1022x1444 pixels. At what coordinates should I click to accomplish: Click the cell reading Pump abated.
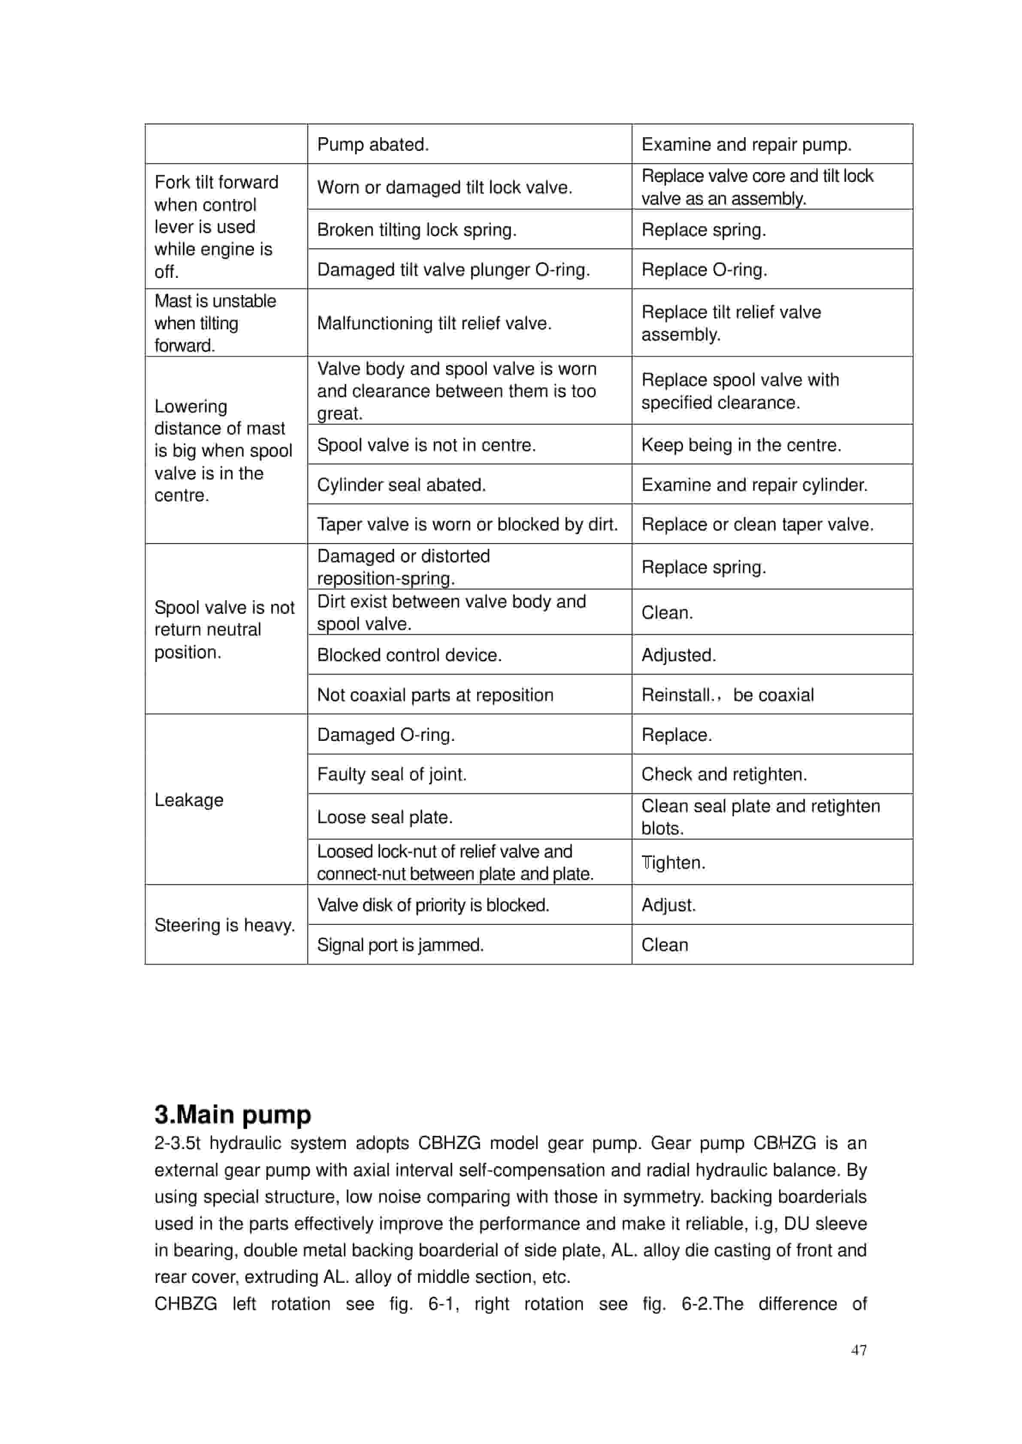click(372, 144)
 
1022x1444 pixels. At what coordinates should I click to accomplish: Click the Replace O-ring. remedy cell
click(704, 270)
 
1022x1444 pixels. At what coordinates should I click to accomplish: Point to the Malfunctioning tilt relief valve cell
click(434, 323)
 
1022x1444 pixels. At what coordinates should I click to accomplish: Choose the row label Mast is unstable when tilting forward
click(215, 323)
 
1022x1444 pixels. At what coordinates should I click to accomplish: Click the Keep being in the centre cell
click(741, 445)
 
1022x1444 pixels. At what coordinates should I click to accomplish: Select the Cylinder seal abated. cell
click(402, 485)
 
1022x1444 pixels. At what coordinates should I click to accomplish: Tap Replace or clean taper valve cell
click(757, 524)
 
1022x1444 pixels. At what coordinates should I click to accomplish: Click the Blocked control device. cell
click(409, 656)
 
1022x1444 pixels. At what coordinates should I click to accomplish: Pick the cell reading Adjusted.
click(678, 656)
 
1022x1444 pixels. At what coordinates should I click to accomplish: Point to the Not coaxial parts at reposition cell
click(435, 695)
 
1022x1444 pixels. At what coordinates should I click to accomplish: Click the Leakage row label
click(189, 800)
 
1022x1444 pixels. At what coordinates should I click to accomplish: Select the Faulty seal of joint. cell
click(391, 774)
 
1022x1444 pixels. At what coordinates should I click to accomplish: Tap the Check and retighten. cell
click(724, 774)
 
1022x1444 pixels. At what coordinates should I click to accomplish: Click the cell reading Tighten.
click(673, 863)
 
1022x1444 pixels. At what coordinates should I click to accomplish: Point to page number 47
click(859, 1350)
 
